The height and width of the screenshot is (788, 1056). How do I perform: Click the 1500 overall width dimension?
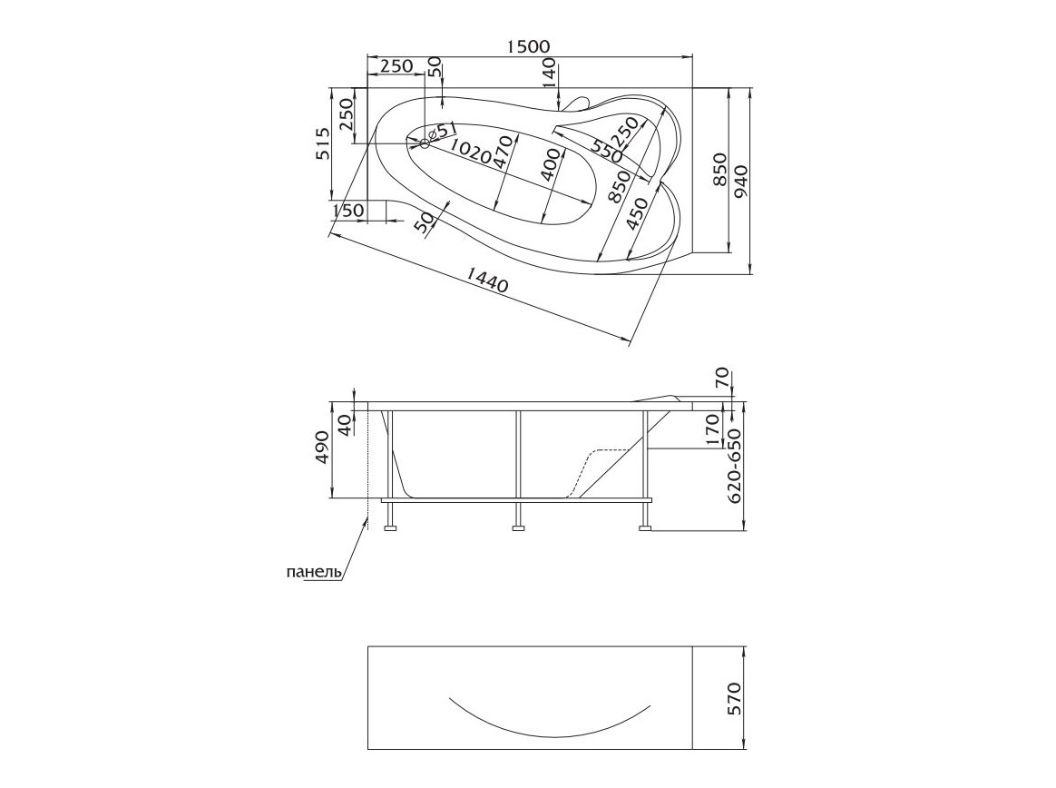pyautogui.click(x=528, y=45)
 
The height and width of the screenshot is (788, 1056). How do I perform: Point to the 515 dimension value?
pyautogui.click(x=323, y=143)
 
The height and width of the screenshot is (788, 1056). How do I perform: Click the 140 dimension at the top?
pyautogui.click(x=549, y=73)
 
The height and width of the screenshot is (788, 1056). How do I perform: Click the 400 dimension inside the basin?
pyautogui.click(x=550, y=164)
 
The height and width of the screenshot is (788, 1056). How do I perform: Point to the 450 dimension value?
pyautogui.click(x=637, y=213)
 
